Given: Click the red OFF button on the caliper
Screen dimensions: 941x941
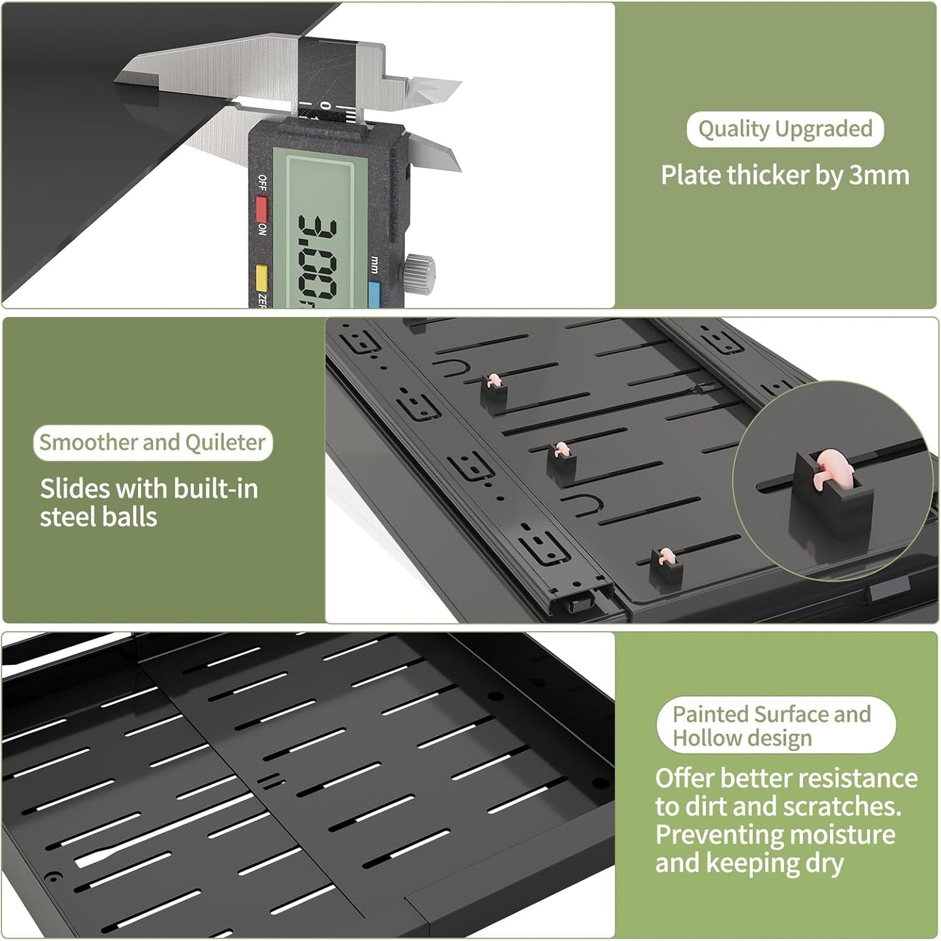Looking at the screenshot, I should point(262,208).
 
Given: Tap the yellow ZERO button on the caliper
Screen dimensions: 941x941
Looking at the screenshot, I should point(262,279).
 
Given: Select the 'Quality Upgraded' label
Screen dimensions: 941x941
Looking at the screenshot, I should point(785,129).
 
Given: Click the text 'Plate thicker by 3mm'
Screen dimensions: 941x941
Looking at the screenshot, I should point(785,175).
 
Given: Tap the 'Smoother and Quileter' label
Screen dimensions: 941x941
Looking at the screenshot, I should point(152,443).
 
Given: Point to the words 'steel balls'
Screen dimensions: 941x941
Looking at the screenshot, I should point(98,517).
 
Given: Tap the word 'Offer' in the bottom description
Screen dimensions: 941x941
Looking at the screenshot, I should point(684,778).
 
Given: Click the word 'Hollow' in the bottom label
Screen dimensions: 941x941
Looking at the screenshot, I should point(704,738).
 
